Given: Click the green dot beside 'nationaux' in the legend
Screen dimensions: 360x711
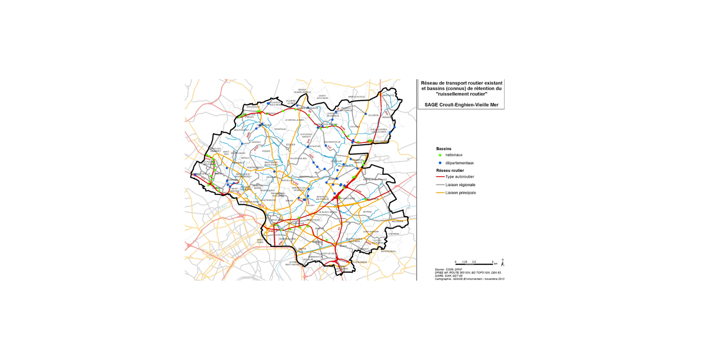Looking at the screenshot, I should tap(440, 155).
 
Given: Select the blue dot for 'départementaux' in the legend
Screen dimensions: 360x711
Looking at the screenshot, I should tap(440, 163).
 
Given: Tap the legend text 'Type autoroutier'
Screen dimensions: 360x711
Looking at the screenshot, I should tap(459, 177).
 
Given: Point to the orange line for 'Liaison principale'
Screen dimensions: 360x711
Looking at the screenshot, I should tap(440, 193).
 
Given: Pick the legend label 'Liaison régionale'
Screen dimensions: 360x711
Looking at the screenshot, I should tap(460, 185).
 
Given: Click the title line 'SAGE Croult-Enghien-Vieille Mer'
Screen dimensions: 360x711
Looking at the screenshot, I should tap(461, 105).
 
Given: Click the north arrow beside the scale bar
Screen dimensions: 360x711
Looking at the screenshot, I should tap(502, 262).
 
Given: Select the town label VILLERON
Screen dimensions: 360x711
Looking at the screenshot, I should tap(373, 115).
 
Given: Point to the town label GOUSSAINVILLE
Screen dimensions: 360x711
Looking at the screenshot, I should tap(332, 142).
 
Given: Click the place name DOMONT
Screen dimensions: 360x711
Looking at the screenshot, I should tap(256, 142).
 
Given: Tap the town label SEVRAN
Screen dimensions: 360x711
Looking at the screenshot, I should tap(367, 212).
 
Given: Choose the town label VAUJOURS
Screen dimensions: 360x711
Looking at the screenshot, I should tap(397, 221).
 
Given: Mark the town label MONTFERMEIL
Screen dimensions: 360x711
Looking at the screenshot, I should tap(389, 251).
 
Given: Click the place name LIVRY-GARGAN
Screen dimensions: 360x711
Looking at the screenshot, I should tap(371, 232).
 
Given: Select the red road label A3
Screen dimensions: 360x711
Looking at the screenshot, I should tap(339, 229).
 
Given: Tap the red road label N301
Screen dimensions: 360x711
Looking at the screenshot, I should tap(281, 243).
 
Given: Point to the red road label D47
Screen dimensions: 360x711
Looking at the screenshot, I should tap(329, 148).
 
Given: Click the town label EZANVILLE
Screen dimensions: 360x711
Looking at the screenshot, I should tap(280, 129).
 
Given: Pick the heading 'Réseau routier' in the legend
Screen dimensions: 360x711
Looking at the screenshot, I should tap(450, 171).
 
